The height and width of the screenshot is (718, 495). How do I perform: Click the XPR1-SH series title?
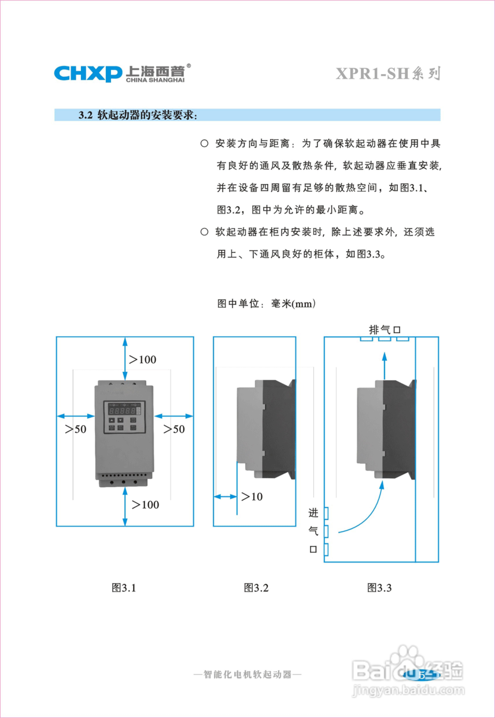[388, 74]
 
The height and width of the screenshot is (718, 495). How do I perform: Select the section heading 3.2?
[138, 115]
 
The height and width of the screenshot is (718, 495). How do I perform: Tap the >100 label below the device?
[145, 505]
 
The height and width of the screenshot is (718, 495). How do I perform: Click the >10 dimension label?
[252, 497]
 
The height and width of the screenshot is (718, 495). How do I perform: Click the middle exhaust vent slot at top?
[385, 338]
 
